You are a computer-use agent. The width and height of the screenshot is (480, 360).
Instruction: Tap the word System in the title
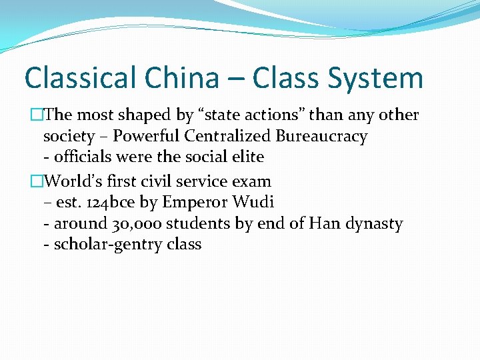(375, 77)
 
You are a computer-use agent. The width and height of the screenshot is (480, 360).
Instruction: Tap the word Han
(323, 224)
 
